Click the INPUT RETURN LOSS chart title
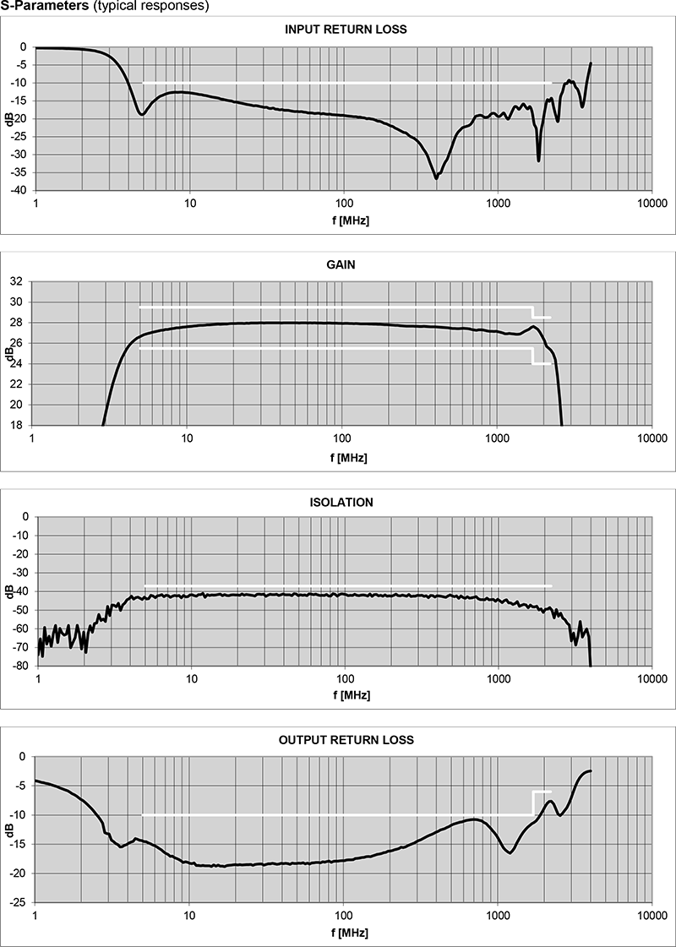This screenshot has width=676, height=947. coord(346,30)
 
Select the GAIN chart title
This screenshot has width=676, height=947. coord(341,264)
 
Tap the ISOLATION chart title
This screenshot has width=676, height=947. coord(342,502)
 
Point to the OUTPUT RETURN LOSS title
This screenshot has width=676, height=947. coord(346,740)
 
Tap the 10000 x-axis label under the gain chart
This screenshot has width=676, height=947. coord(651,439)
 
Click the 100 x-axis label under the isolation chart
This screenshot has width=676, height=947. coord(345,679)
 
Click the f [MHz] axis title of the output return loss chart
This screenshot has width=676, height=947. coord(346,932)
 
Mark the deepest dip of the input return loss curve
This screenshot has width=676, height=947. coord(436,177)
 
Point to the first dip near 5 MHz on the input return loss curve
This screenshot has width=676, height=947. coord(142,114)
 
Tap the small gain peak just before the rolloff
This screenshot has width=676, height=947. coord(534,327)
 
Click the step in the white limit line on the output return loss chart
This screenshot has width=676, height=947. coord(532,803)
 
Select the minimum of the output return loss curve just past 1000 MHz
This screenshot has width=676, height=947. coord(510,852)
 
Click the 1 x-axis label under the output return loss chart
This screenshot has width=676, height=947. coord(35,916)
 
